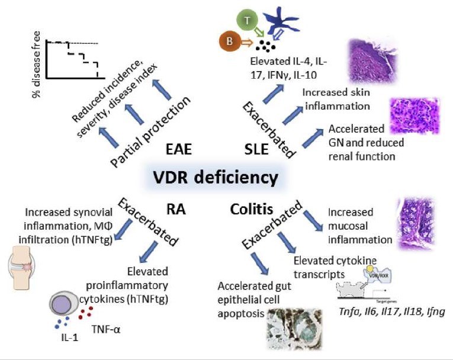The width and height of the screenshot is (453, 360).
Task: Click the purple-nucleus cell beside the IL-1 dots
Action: coord(63,307)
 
